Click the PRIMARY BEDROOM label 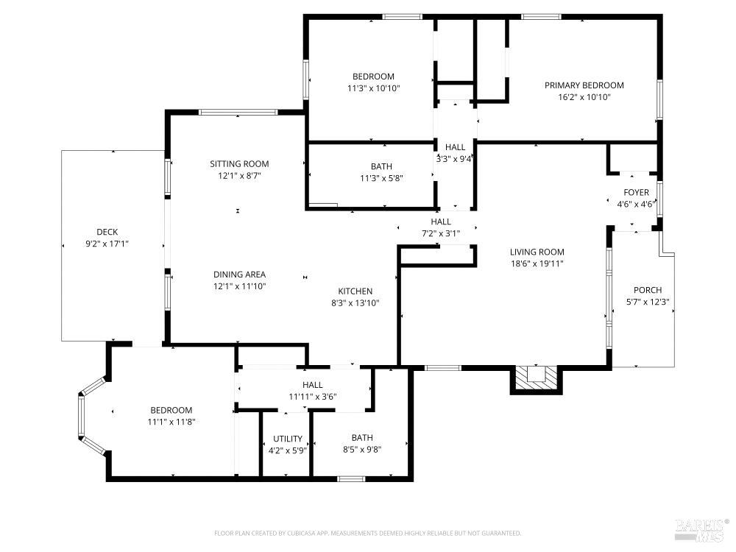(584, 85)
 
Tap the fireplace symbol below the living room (536, 377)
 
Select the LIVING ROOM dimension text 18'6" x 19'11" (537, 263)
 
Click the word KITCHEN (355, 291)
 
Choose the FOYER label (636, 193)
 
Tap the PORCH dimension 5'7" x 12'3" (647, 301)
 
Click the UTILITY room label (287, 439)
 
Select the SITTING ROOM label (239, 163)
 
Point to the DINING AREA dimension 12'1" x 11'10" (239, 286)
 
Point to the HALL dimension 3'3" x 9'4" (455, 158)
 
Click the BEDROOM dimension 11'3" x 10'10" (373, 88)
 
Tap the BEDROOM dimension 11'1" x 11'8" (171, 422)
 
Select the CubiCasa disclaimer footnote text (367, 533)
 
